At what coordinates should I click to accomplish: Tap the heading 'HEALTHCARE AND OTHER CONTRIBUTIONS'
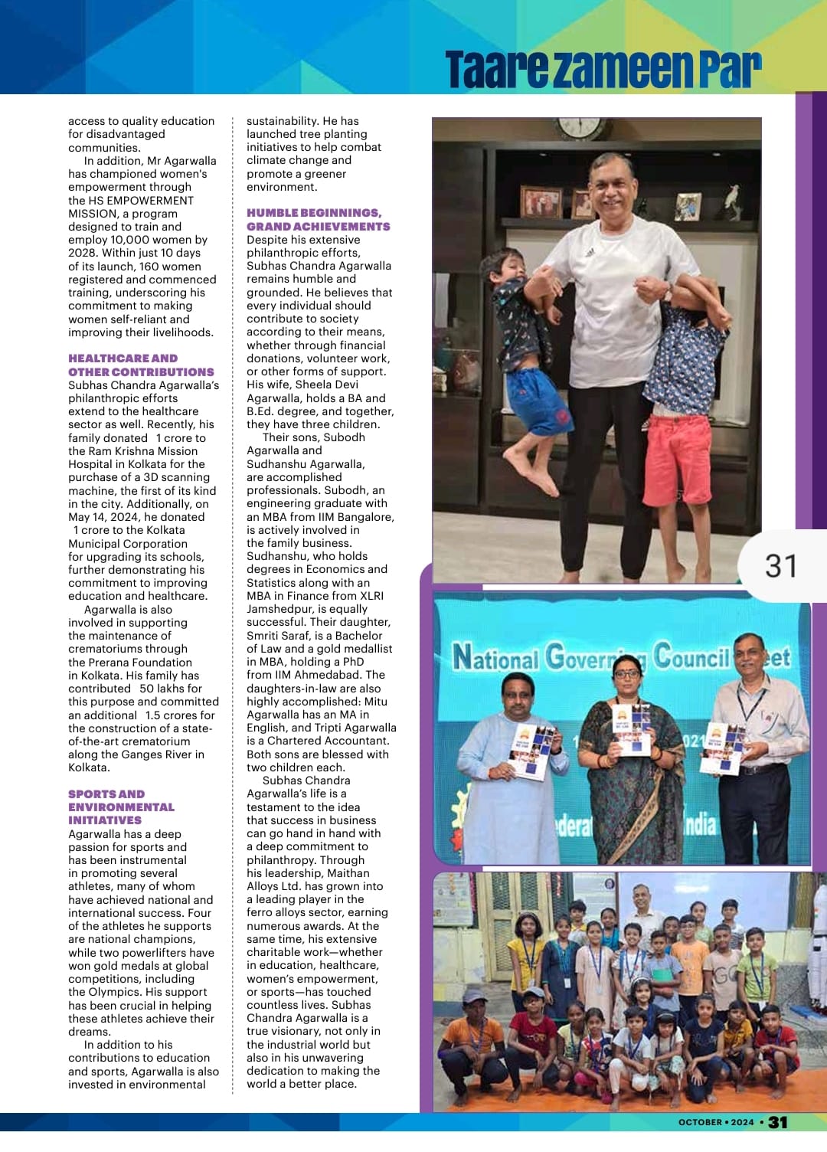(141, 365)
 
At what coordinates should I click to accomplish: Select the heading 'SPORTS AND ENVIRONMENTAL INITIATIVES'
(121, 807)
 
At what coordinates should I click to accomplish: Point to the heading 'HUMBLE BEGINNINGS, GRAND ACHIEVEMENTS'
(318, 219)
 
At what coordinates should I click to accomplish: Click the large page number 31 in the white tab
(780, 566)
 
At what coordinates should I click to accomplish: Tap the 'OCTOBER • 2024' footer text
(716, 1122)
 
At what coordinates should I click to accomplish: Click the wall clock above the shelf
(580, 127)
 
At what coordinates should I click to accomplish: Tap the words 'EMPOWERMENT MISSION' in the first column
(131, 207)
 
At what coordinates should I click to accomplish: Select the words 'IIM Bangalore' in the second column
(357, 516)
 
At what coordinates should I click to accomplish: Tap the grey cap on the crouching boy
(474, 997)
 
